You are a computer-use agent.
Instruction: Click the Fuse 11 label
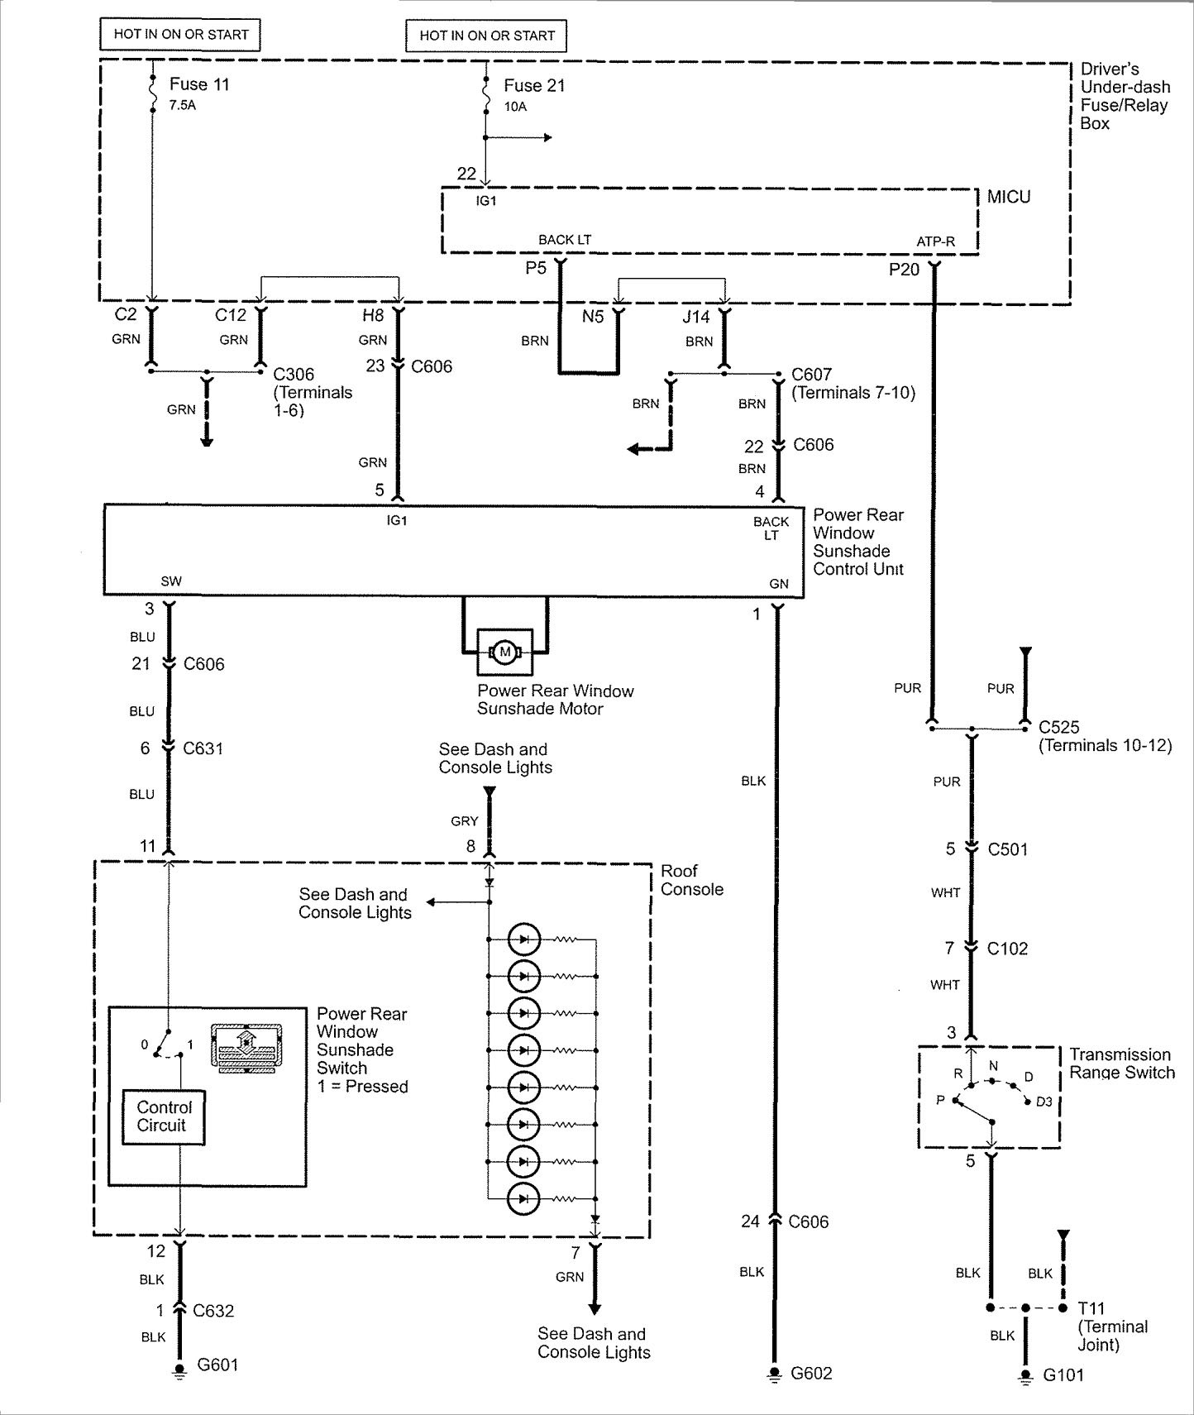click(199, 84)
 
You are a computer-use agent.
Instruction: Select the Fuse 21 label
click(534, 86)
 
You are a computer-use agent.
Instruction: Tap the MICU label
click(1009, 197)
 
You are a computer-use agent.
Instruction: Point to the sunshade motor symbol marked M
click(505, 653)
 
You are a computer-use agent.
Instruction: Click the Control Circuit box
click(163, 1116)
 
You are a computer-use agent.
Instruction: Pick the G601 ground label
click(217, 1365)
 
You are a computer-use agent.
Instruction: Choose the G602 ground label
click(811, 1373)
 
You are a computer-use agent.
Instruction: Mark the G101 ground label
click(1063, 1375)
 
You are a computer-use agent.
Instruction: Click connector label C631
click(203, 748)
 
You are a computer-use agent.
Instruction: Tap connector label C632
click(213, 1311)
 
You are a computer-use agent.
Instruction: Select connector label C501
click(1007, 849)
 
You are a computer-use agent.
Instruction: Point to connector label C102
click(1007, 949)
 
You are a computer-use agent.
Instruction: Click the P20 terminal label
click(904, 270)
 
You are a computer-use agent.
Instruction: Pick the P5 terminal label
click(536, 268)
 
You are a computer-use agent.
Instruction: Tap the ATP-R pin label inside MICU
click(935, 242)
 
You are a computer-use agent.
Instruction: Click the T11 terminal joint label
click(1091, 1308)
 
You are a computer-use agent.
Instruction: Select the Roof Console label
click(691, 880)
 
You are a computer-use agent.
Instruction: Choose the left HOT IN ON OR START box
click(180, 35)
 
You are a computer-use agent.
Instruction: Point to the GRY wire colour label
click(465, 821)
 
